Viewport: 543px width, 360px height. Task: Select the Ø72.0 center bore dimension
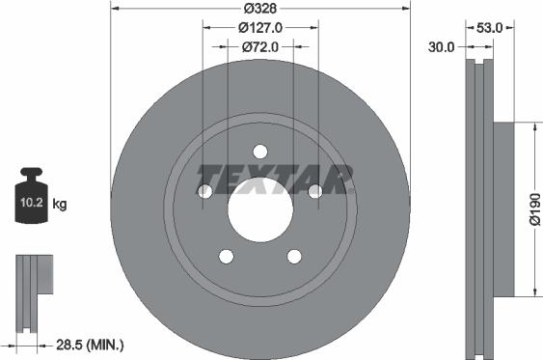click(259, 45)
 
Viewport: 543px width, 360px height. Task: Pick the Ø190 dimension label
click(532, 208)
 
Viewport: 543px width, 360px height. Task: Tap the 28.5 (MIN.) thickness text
click(89, 344)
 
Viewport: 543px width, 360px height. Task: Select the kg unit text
click(60, 204)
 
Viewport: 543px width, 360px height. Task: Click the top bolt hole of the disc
click(259, 151)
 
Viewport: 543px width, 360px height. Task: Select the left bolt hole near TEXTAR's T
click(204, 192)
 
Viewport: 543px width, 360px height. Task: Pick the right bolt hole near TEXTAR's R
click(314, 192)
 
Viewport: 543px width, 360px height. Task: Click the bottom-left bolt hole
click(226, 256)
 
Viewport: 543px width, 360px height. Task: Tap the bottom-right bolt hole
click(293, 256)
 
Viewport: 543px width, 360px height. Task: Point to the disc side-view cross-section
click(479, 208)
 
